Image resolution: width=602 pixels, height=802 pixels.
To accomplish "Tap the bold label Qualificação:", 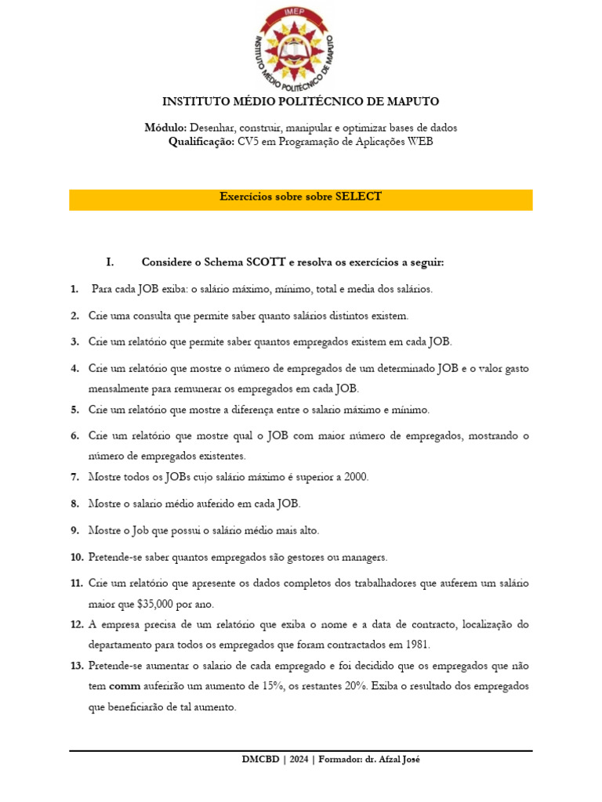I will pyautogui.click(x=201, y=142).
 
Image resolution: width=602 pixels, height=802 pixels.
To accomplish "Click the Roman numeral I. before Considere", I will pyautogui.click(x=111, y=262).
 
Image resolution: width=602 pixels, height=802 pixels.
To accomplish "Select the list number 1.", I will pyautogui.click(x=74, y=289).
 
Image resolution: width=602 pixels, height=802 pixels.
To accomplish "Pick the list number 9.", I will pyautogui.click(x=74, y=530).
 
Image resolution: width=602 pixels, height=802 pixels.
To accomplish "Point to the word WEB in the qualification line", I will pyautogui.click(x=419, y=142).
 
